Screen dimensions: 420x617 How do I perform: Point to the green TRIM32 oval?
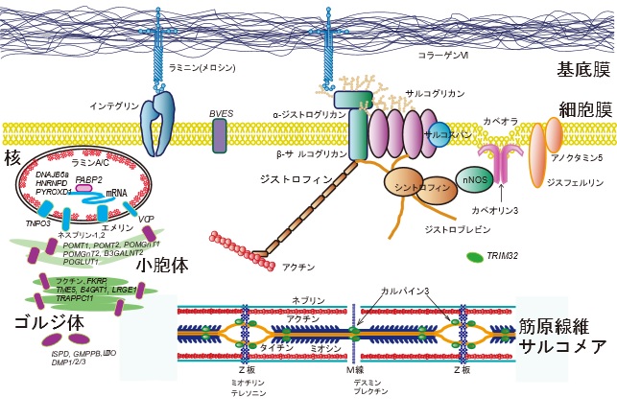[474, 257]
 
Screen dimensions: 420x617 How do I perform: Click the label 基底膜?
[583, 69]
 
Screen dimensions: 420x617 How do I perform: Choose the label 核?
[12, 155]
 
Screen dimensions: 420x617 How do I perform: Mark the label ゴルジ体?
[38, 319]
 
